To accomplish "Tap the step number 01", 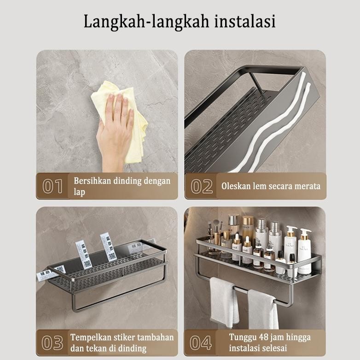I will (53, 186).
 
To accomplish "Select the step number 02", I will (202, 186).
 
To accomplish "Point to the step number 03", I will (52, 343).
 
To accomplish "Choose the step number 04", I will (201, 343).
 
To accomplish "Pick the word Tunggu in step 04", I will (241, 337).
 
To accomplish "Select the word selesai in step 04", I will (275, 348).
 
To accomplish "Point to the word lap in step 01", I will (79, 192).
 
